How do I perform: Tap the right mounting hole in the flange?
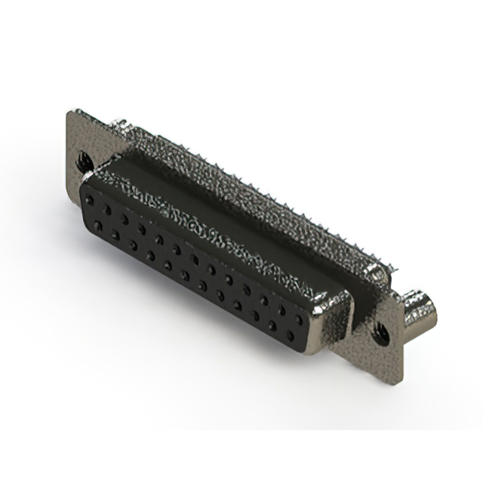click(381, 334)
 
